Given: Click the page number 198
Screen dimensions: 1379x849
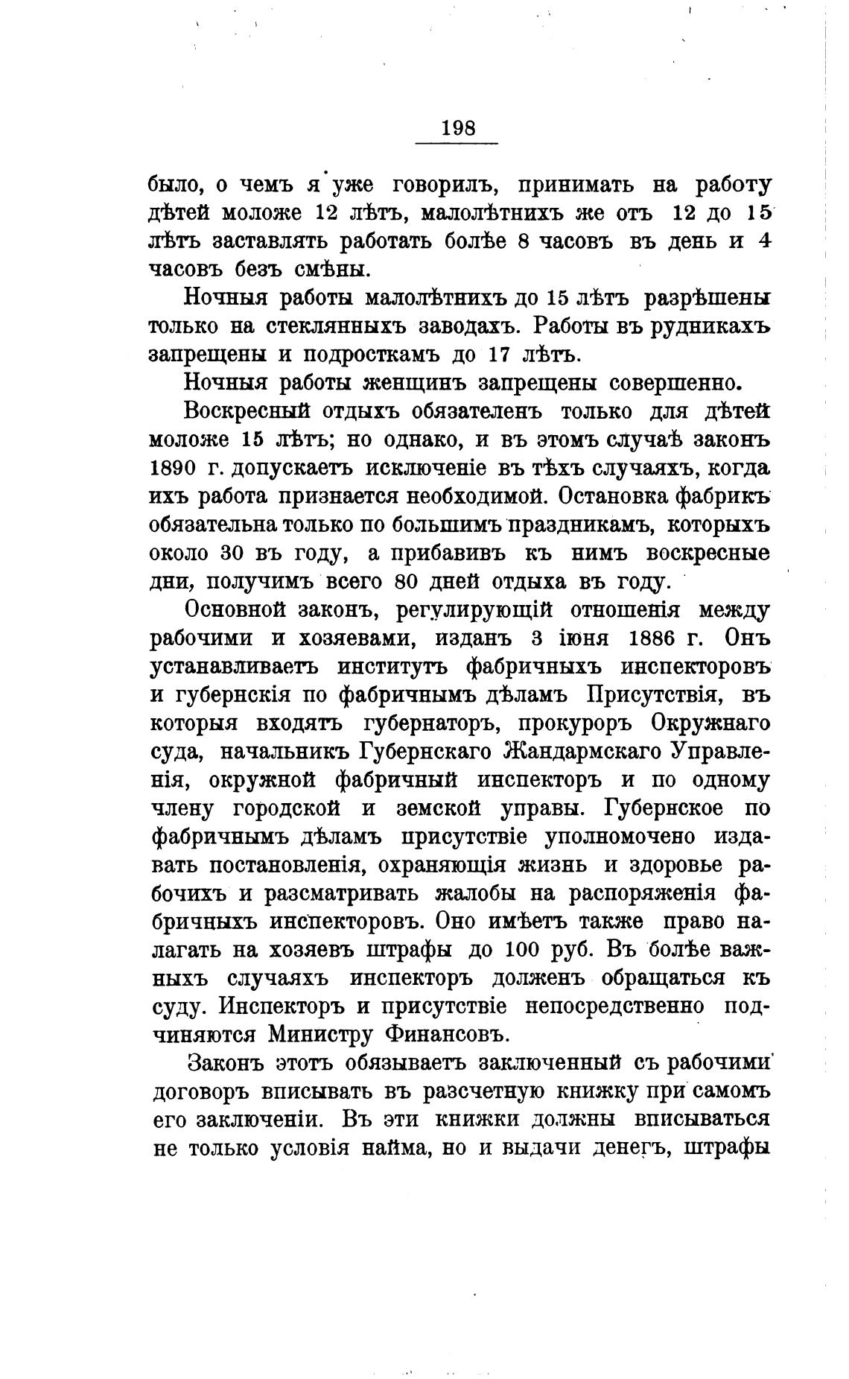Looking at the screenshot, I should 458,127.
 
